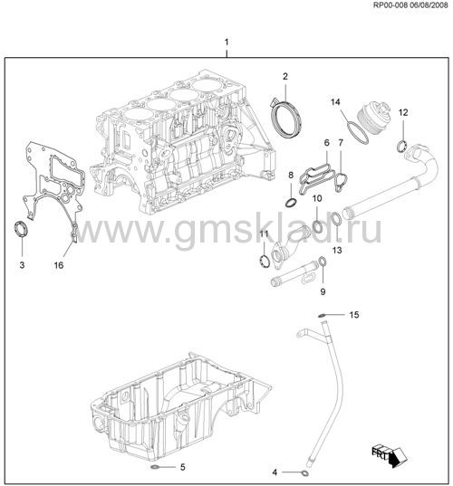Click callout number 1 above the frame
point(226,42)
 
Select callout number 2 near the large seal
point(285,76)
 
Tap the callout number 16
point(59,265)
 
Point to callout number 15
point(354,315)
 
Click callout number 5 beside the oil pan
point(183,466)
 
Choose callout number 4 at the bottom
point(275,472)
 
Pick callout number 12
point(403,112)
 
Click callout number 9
point(323,291)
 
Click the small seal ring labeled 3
point(22,229)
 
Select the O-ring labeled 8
point(291,203)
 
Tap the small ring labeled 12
point(402,147)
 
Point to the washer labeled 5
point(154,467)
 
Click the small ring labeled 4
point(305,473)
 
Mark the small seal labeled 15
point(322,316)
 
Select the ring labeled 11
point(265,261)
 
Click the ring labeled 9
point(323,262)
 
